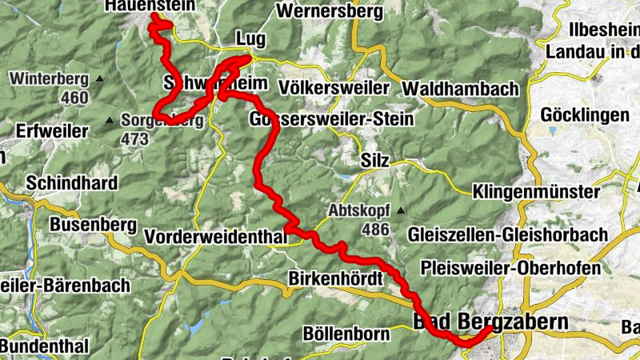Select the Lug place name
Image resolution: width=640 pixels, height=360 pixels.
point(250,39)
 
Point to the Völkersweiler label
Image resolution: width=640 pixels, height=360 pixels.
point(334,87)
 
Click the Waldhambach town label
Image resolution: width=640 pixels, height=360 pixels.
point(462,89)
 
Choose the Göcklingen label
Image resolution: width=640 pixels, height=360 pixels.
point(586,115)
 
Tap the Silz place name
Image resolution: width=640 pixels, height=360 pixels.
point(374,161)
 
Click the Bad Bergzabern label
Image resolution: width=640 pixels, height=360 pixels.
point(490,322)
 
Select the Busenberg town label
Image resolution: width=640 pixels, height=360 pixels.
point(94,226)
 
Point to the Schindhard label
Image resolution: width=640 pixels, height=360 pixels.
point(72,182)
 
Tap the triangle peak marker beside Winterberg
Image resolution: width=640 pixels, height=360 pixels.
point(100,79)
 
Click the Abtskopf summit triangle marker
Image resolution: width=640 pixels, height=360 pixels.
point(399,211)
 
